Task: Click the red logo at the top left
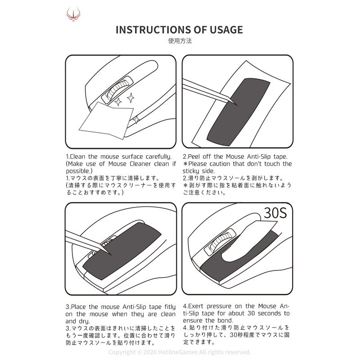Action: pos(73,14)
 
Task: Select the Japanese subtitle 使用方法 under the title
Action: pos(180,41)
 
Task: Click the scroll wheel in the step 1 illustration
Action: pos(117,90)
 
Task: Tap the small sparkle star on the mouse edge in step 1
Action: pos(136,120)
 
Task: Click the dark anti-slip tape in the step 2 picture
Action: pos(238,112)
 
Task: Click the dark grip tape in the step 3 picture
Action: pos(121,252)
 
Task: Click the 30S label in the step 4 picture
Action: pos(275,213)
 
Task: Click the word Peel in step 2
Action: pos(194,157)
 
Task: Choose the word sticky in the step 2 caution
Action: pos(191,171)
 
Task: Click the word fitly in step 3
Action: pos(170,307)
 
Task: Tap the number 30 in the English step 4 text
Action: pos(252,313)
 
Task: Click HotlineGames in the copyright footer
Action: pos(178,352)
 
